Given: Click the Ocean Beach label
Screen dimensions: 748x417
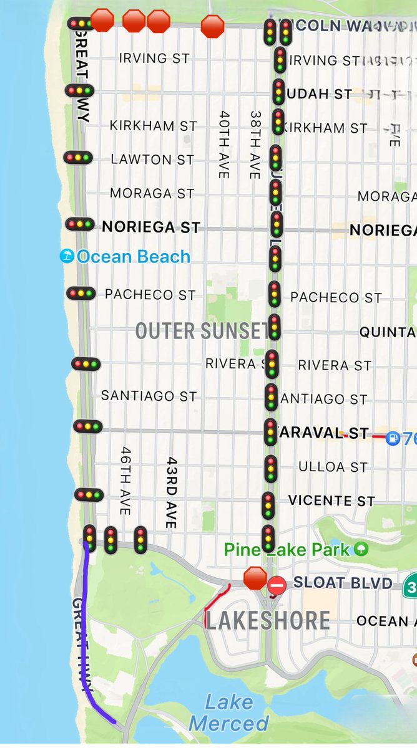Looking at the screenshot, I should [x=133, y=257].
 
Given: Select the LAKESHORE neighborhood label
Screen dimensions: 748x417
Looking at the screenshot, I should [x=268, y=620].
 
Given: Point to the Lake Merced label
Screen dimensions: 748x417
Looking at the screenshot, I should [x=229, y=713].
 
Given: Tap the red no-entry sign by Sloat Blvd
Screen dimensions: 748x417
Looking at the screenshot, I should [x=277, y=585].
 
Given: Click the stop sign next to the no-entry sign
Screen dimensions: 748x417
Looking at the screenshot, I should [x=255, y=578].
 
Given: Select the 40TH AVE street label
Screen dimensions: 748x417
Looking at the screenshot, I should [x=224, y=145].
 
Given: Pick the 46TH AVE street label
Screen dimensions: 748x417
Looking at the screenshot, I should [x=125, y=480].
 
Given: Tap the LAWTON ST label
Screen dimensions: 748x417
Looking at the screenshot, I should [x=152, y=160].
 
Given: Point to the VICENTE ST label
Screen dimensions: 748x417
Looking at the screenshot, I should [x=331, y=501].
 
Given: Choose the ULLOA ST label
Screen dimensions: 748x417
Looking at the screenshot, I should [x=333, y=467].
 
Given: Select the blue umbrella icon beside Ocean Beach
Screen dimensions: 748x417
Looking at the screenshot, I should [x=67, y=256].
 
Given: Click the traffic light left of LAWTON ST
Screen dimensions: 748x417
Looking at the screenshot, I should [x=78, y=158].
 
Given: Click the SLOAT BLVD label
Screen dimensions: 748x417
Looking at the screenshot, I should [x=343, y=583].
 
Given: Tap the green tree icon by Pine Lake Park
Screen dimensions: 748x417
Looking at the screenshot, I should [x=361, y=549].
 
